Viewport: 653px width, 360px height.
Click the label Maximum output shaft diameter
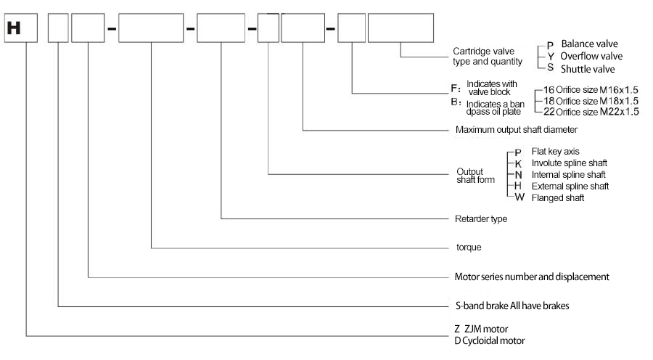click(516, 130)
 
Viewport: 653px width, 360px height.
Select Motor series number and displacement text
click(531, 277)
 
